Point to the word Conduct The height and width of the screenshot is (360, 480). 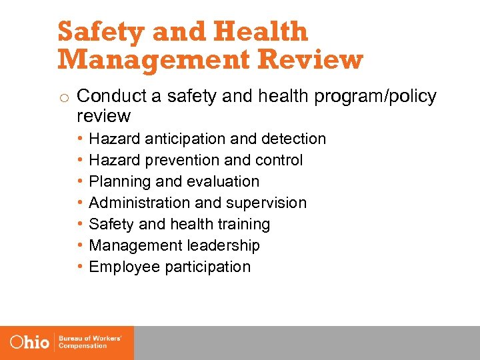(112, 97)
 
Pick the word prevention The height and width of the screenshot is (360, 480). (177, 160)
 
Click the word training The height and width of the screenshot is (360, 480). (243, 224)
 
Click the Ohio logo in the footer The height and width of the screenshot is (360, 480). (31, 343)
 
